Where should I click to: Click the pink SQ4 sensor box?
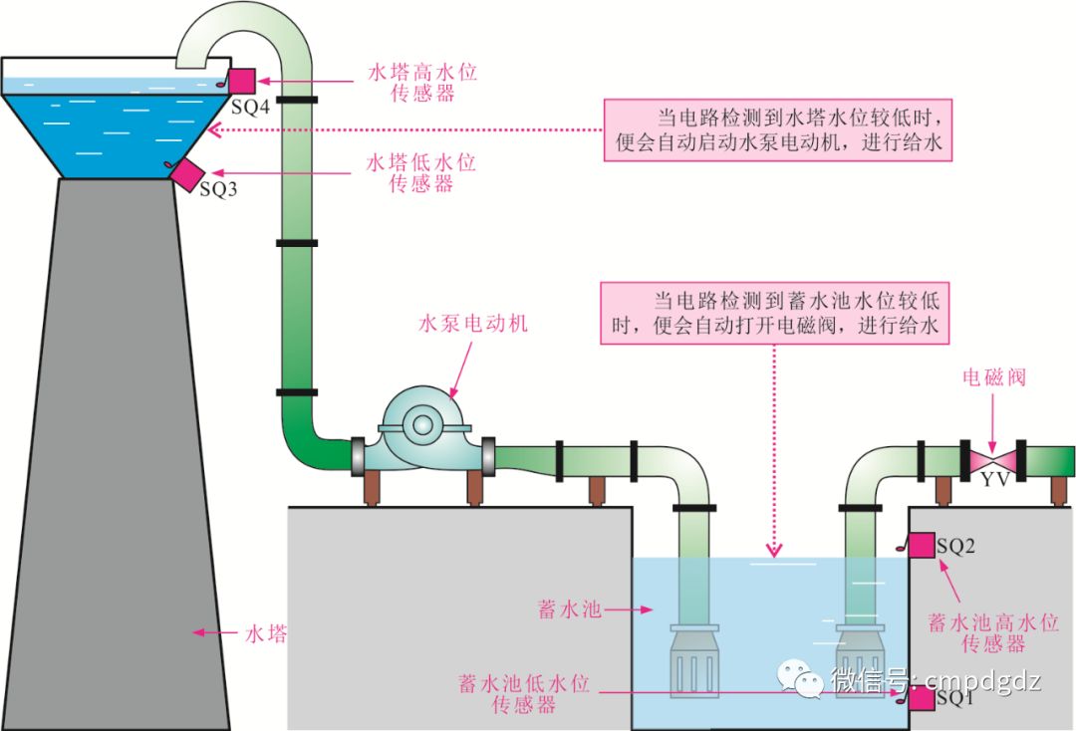point(242,81)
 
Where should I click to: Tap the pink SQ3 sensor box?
point(186,172)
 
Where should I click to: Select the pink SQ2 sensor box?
point(921,546)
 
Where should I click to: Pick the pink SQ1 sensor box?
point(921,699)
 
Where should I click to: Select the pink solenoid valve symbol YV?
point(989,460)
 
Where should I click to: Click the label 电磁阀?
point(993,377)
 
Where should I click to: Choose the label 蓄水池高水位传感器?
point(992,633)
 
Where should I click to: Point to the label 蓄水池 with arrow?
point(570,609)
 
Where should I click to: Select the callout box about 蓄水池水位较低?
point(776,312)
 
